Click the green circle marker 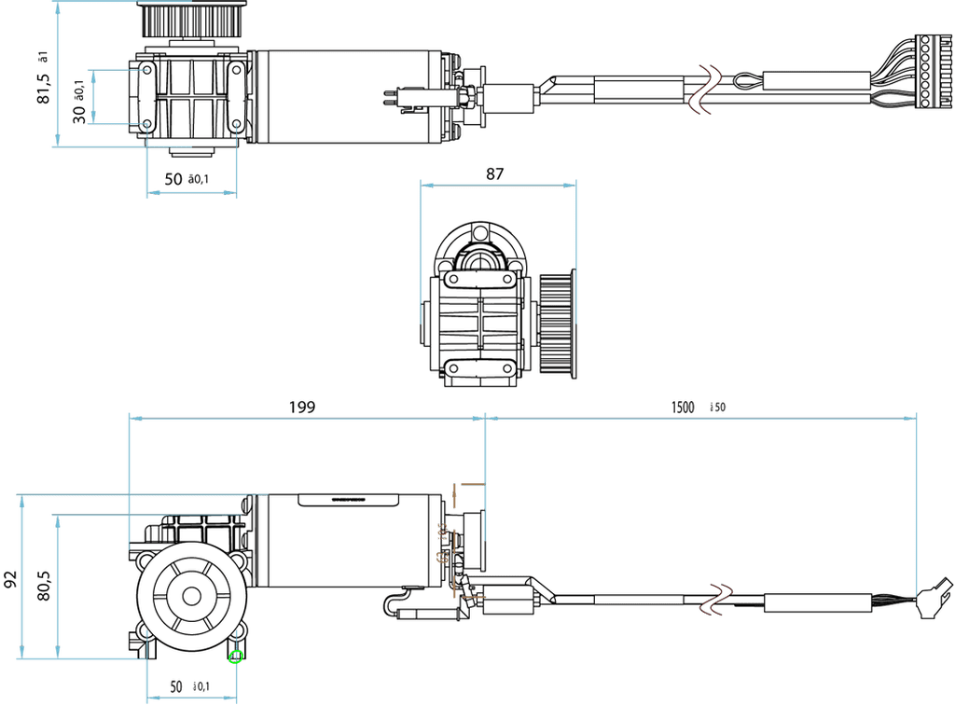236,657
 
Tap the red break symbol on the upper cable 702,89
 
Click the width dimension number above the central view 497,173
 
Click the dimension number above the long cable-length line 699,407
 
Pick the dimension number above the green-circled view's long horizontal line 303,407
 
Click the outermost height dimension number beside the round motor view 8,578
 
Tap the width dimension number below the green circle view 190,688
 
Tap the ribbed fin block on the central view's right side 558,322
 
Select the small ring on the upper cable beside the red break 747,81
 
